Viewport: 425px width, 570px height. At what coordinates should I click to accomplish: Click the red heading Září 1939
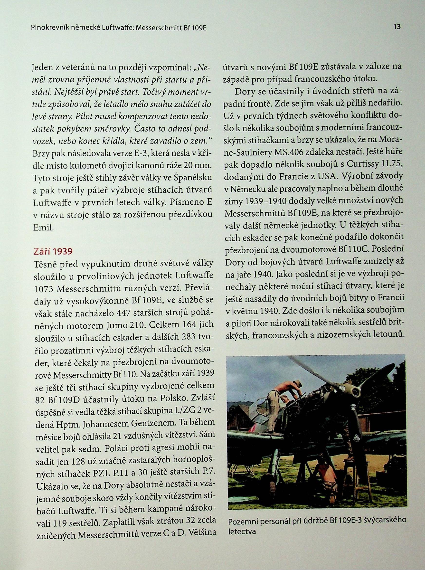pos(52,251)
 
